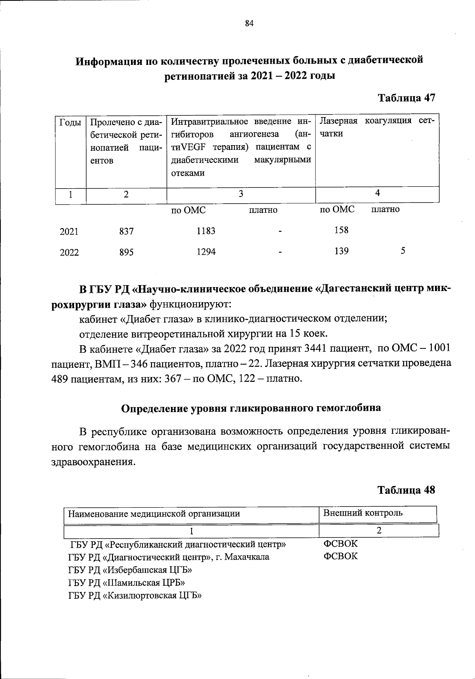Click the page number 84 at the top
pyautogui.click(x=249, y=23)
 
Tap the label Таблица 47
pyautogui.click(x=407, y=98)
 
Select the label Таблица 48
pyautogui.click(x=406, y=490)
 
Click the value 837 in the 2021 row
pyautogui.click(x=126, y=231)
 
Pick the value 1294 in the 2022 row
pyautogui.click(x=206, y=252)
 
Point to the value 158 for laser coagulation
pyautogui.click(x=341, y=230)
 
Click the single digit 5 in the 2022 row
pyautogui.click(x=403, y=251)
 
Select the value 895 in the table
pyautogui.click(x=126, y=252)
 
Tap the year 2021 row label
pyautogui.click(x=69, y=232)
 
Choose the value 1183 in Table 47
pyautogui.click(x=206, y=231)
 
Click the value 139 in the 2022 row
pyautogui.click(x=341, y=251)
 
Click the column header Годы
pyautogui.click(x=70, y=122)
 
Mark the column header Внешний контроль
pyautogui.click(x=363, y=513)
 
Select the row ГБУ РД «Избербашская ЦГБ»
pyautogui.click(x=130, y=570)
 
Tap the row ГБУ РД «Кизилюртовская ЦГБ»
pyautogui.click(x=135, y=596)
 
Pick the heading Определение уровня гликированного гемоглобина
pyautogui.click(x=251, y=408)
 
